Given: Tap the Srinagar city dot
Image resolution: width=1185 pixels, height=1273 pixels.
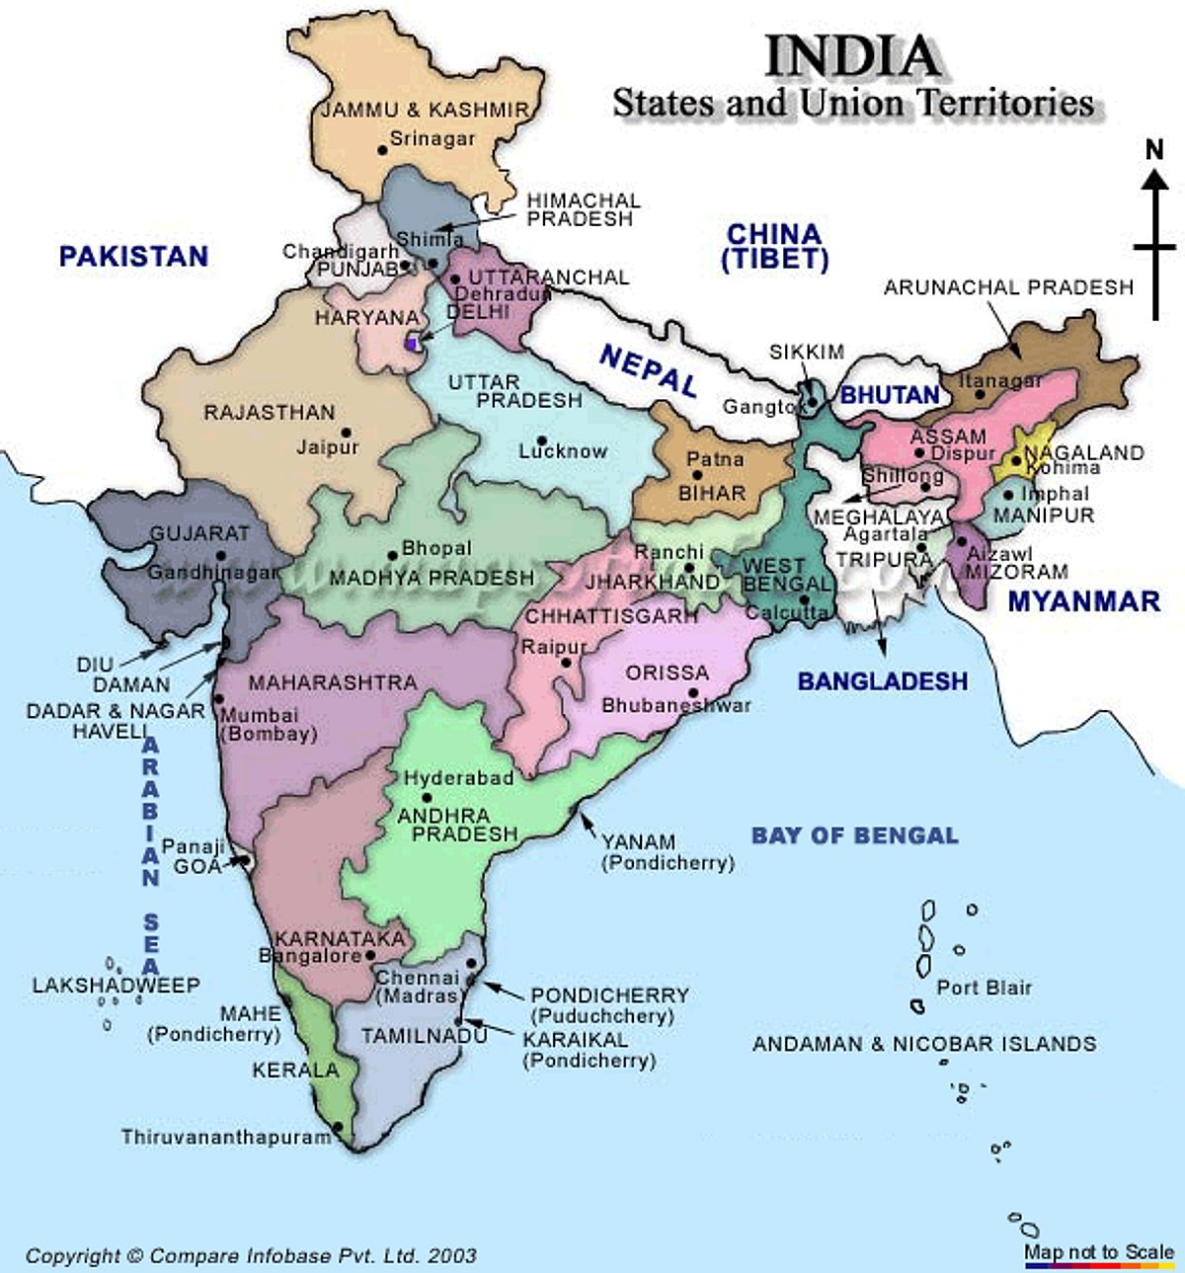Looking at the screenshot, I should (x=382, y=150).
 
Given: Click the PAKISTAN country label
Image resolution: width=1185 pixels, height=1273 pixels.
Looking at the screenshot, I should (x=133, y=257).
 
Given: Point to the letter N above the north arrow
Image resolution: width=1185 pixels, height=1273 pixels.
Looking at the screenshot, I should (x=1154, y=149).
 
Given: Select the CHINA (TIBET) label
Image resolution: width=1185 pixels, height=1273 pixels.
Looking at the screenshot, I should (x=774, y=247).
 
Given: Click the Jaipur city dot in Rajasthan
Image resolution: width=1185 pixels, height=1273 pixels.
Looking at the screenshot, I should (x=347, y=433).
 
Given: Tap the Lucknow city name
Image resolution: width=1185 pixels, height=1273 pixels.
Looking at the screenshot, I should (x=563, y=451).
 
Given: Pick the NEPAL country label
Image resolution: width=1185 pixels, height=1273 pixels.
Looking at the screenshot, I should (x=648, y=370).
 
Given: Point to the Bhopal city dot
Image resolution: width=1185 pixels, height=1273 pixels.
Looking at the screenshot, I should (x=392, y=554).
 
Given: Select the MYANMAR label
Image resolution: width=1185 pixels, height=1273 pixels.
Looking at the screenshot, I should (x=1083, y=600).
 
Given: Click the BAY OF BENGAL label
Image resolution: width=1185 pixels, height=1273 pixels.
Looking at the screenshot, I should (x=854, y=835).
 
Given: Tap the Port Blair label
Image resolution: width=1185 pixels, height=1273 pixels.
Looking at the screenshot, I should (x=984, y=987).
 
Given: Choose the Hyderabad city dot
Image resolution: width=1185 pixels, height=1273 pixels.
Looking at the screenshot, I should (x=427, y=798).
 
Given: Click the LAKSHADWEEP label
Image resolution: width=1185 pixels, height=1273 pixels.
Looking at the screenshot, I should (x=116, y=985).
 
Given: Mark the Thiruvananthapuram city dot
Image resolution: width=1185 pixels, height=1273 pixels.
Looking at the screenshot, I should (x=338, y=1126).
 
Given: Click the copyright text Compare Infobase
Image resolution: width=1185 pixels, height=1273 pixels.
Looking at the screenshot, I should (x=252, y=1256).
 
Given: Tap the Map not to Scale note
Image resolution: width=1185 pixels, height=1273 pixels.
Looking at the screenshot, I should (x=1098, y=1251).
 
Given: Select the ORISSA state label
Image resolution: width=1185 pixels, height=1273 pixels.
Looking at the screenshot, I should (x=668, y=673).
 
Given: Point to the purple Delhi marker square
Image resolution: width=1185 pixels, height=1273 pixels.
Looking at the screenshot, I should (x=412, y=344).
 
